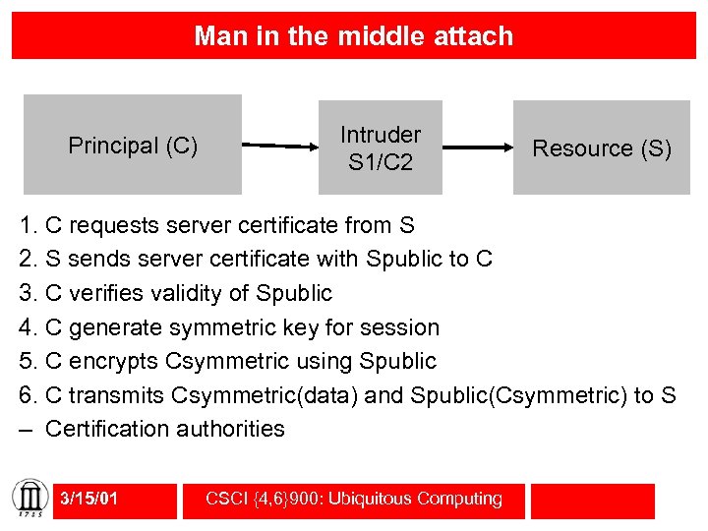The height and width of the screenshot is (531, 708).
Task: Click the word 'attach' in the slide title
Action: pyautogui.click(x=468, y=36)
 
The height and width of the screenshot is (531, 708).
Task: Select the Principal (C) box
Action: pyautogui.click(x=133, y=146)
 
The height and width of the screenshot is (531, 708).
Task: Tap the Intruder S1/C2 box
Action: pyautogui.click(x=381, y=147)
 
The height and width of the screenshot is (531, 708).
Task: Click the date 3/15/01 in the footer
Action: pyautogui.click(x=88, y=499)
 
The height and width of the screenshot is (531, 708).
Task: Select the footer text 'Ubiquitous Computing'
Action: pyautogui.click(x=430, y=499)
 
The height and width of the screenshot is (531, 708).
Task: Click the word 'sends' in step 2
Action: pyautogui.click(x=94, y=260)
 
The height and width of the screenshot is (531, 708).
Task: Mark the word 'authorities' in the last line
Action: pyautogui.click(x=231, y=429)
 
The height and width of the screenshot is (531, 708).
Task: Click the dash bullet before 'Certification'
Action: pyautogui.click(x=28, y=430)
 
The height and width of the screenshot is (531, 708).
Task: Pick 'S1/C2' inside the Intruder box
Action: pyautogui.click(x=380, y=161)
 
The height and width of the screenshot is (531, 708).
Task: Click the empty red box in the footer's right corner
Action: pyautogui.click(x=592, y=500)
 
